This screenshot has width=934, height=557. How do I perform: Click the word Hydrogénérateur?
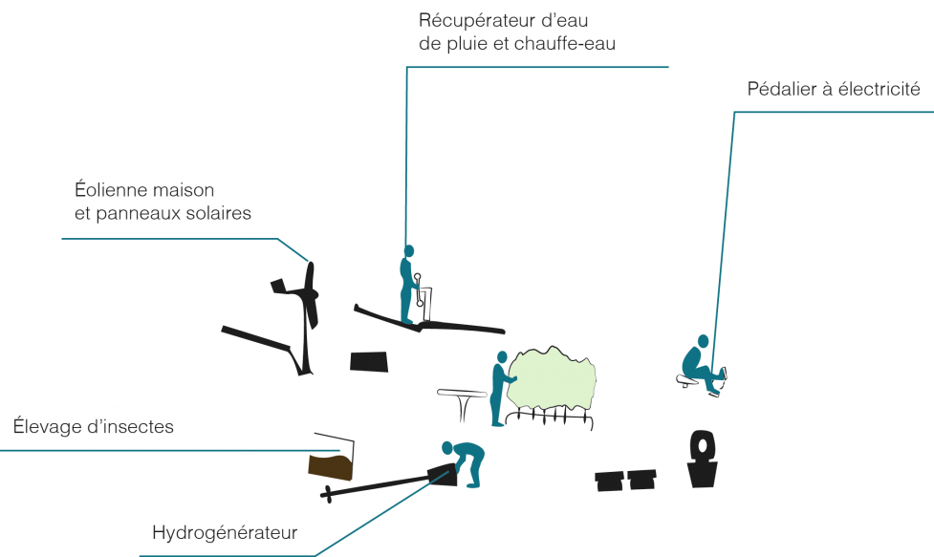pos(225,532)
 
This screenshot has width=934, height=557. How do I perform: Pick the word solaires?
pos(219,213)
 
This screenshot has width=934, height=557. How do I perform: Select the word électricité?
pos(879,89)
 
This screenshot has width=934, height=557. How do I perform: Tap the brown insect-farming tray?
pos(331,466)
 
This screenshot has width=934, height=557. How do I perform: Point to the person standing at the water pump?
pos(407,285)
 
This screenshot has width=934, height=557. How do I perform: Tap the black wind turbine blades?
pos(310,295)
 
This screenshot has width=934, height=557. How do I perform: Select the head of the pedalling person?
pos(704,341)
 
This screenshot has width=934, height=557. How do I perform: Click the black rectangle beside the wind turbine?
pos(369,362)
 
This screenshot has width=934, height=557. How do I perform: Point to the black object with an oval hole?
pos(703,459)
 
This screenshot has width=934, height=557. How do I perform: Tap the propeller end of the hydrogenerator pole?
pos(327,494)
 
